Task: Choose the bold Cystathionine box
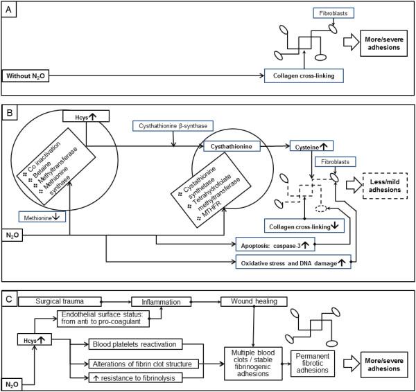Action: coord(232,147)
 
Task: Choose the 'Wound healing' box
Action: coord(249,302)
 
